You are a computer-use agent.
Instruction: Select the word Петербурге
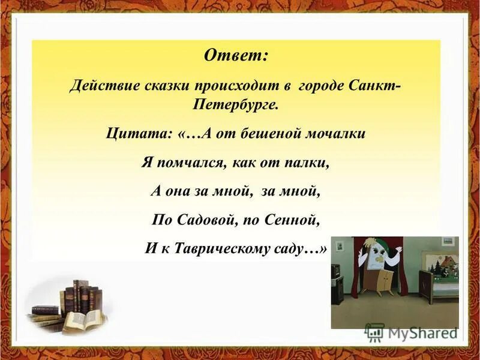pyautogui.click(x=236, y=104)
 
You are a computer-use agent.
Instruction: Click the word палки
pyautogui.click(x=310, y=163)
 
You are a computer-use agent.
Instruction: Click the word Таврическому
pyautogui.click(x=228, y=248)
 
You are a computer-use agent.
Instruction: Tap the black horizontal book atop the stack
pyautogui.click(x=46, y=310)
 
